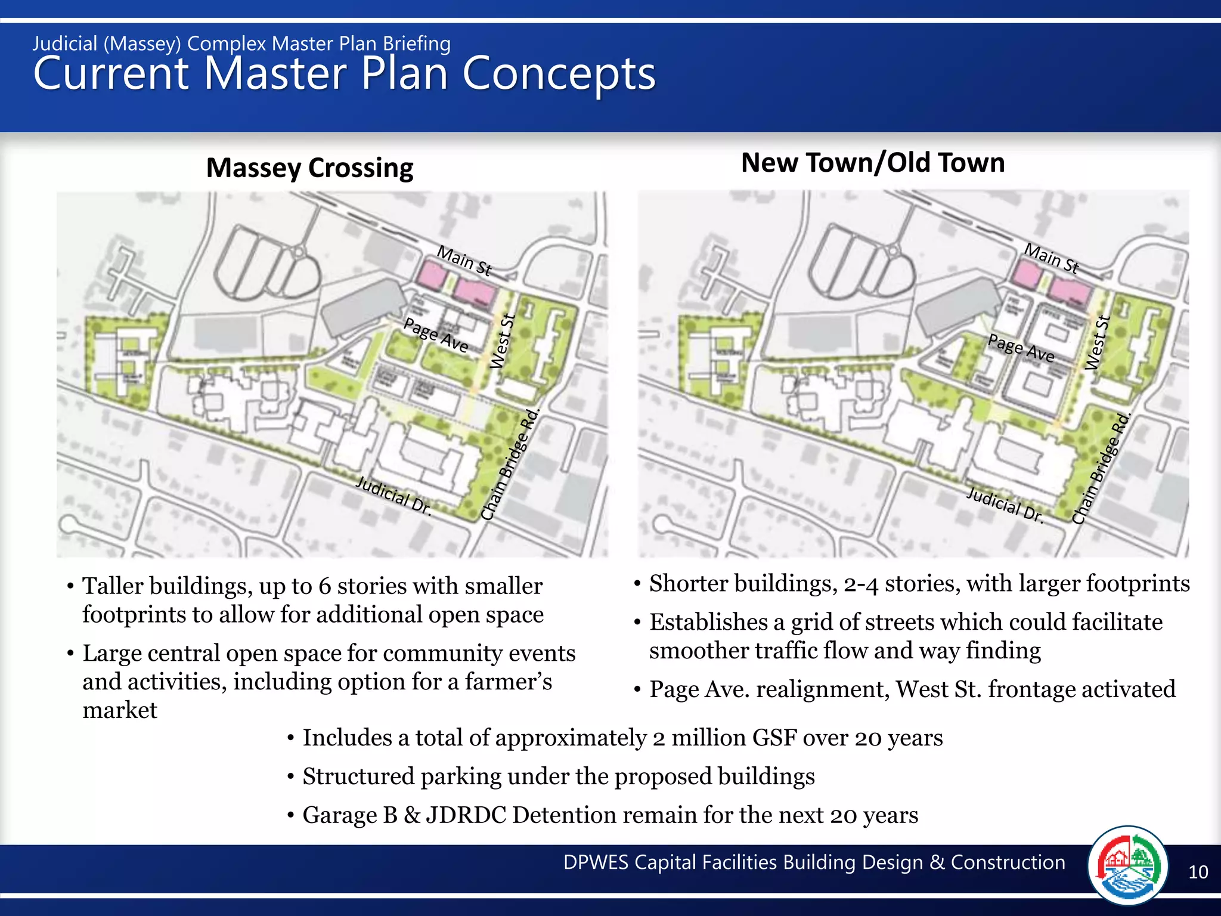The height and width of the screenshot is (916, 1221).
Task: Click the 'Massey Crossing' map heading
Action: click(309, 168)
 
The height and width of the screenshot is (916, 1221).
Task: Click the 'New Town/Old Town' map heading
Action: click(873, 163)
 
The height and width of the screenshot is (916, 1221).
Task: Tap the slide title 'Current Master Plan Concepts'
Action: click(344, 74)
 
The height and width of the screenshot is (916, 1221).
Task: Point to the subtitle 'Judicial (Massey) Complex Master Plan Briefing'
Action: click(241, 44)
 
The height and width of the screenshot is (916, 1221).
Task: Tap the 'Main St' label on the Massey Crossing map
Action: click(464, 261)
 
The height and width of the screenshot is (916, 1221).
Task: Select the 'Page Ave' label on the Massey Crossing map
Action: click(436, 335)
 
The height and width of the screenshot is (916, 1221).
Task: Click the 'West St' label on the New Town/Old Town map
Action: click(1098, 342)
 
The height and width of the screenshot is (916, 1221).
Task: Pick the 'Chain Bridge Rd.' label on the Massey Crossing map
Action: click(510, 465)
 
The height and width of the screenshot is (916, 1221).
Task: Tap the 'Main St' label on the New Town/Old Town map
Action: click(1052, 258)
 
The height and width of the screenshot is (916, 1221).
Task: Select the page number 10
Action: click(1198, 872)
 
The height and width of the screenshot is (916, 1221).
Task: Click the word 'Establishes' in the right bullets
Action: click(708, 622)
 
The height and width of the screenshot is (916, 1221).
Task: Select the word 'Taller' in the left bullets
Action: click(113, 586)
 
